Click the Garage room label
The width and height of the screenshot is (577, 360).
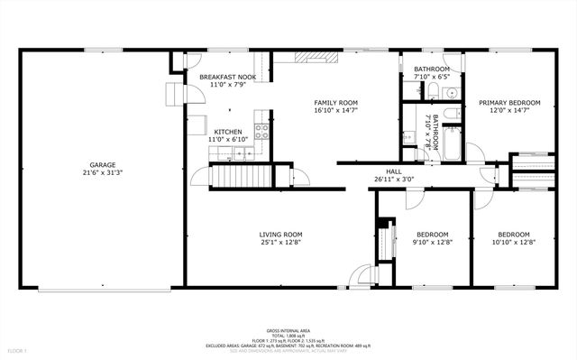click(x=101, y=164)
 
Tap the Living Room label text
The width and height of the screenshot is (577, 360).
click(x=280, y=234)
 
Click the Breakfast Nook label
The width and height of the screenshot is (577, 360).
click(x=227, y=78)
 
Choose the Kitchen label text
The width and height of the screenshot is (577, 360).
click(x=227, y=132)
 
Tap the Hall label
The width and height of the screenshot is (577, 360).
click(x=394, y=171)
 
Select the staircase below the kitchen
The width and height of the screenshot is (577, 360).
click(x=241, y=177)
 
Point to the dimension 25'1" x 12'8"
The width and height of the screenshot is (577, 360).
click(x=280, y=242)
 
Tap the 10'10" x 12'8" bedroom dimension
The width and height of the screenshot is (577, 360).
click(x=514, y=242)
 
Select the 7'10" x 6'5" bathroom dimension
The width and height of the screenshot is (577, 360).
click(x=432, y=77)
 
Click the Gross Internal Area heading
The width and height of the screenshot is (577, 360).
click(x=288, y=331)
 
